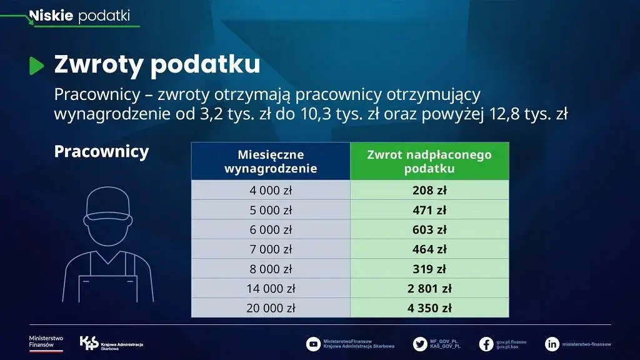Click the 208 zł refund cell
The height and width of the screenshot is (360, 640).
[x=429, y=191]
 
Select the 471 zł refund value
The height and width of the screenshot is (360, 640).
[x=429, y=210]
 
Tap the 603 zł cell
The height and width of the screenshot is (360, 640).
[x=429, y=230]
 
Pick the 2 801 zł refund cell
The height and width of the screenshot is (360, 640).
[x=429, y=288]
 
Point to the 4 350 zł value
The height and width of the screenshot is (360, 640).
[x=429, y=307]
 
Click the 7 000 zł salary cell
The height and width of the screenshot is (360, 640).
[x=271, y=249]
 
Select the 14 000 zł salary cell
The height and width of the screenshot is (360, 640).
[x=271, y=288]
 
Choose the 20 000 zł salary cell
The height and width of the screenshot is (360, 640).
[x=271, y=307]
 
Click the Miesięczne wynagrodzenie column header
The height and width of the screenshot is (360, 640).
[x=271, y=161]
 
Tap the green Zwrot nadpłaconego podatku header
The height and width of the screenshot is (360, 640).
[x=429, y=161]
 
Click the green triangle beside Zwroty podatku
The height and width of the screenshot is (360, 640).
[x=37, y=66]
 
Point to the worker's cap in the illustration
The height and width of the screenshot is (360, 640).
[x=107, y=203]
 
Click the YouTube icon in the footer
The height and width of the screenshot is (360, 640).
[x=313, y=344]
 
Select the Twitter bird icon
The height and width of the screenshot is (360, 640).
[x=420, y=344]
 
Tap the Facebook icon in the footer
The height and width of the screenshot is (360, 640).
[x=486, y=344]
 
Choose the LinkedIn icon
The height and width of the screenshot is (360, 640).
[x=552, y=344]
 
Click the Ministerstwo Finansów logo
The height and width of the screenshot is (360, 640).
[x=46, y=342]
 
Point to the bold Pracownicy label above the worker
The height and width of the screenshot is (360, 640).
[x=101, y=152]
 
